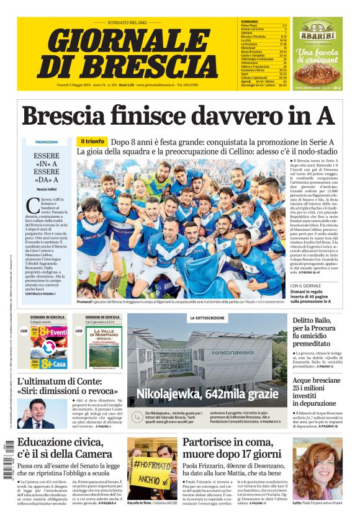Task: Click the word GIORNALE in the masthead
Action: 127,42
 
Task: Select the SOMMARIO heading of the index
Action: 249,22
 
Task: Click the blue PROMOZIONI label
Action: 47,142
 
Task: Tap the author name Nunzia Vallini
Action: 47,187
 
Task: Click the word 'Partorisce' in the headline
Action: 210,442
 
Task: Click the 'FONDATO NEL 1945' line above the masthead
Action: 128,22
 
